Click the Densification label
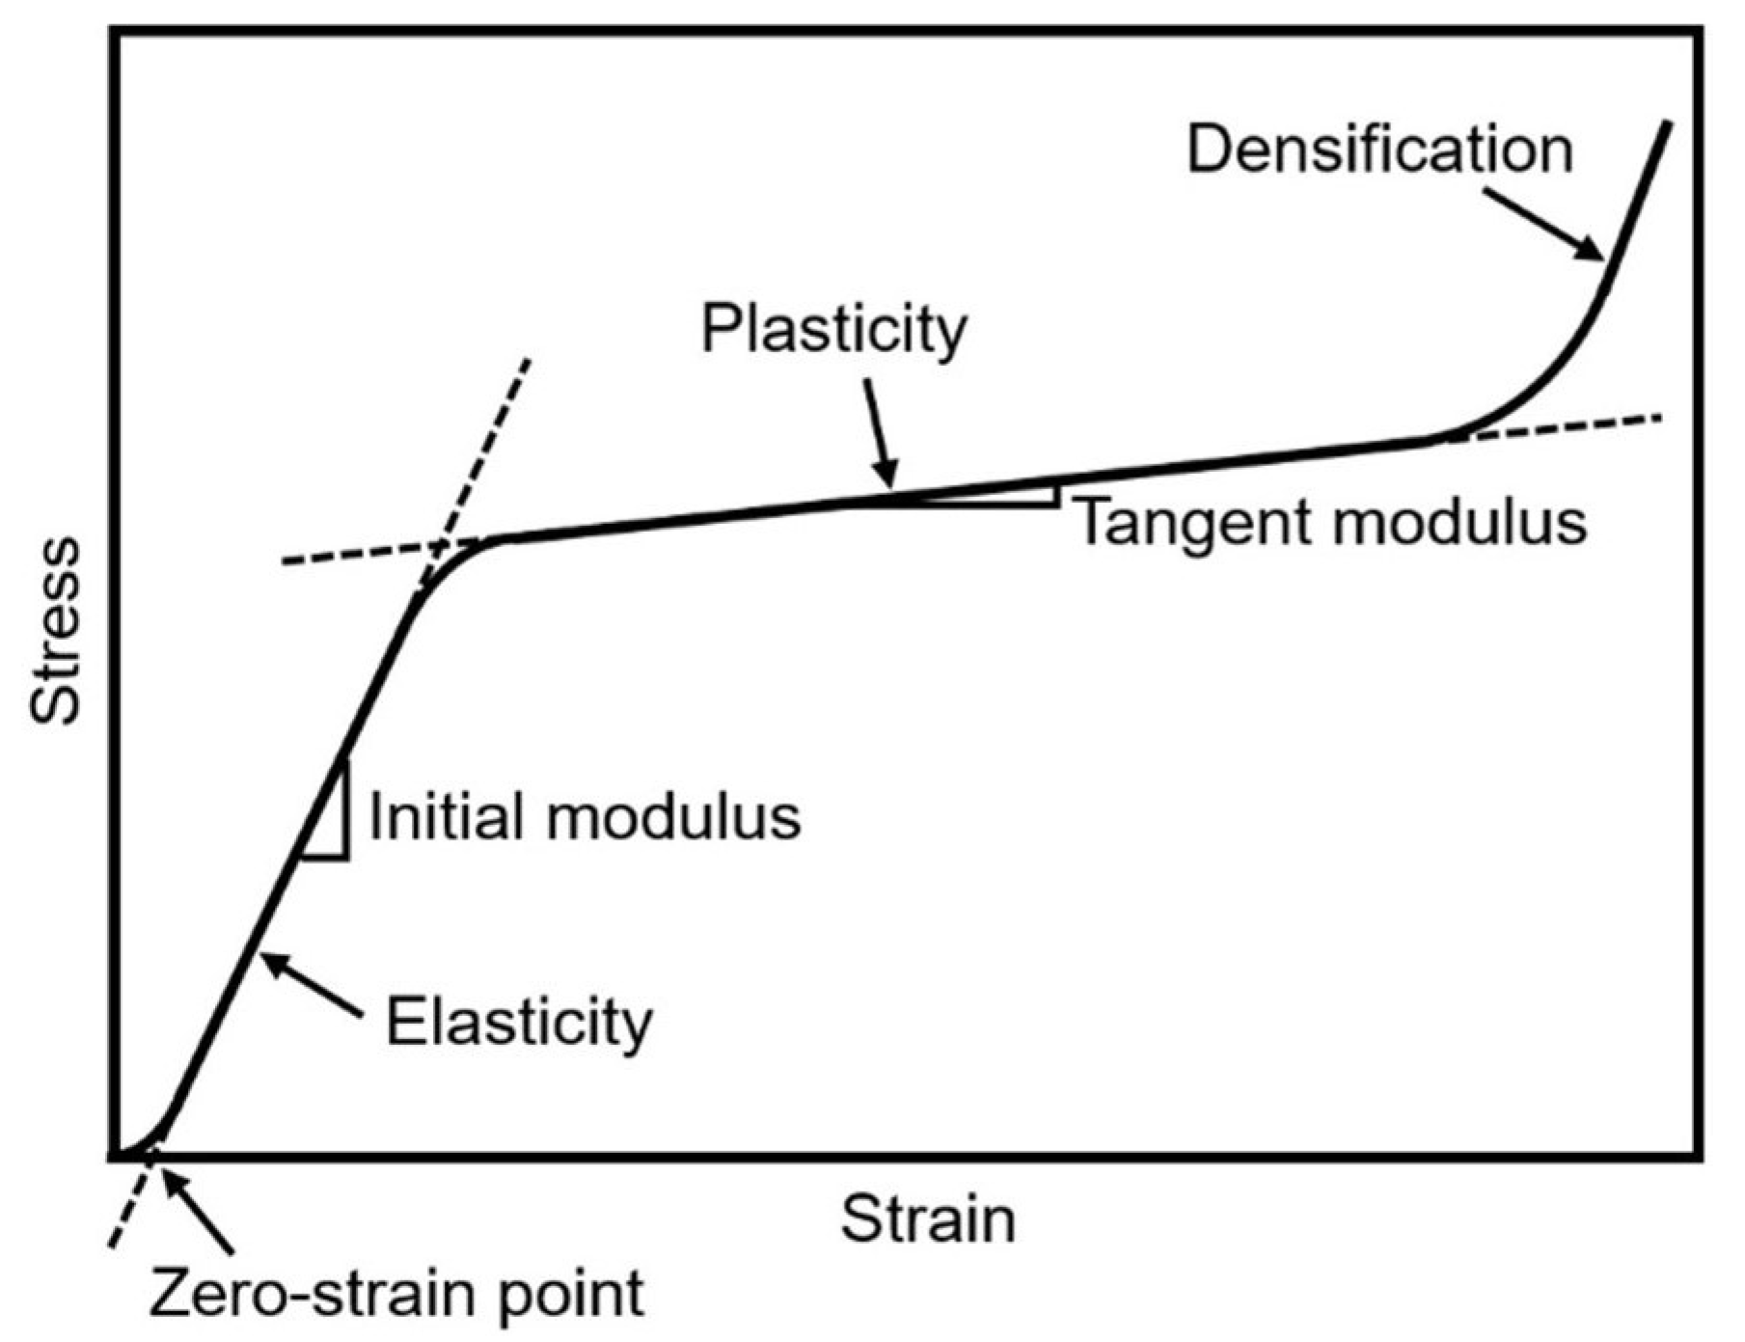point(1378,151)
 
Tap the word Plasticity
point(832,331)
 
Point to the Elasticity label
point(519,1023)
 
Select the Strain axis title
point(928,1219)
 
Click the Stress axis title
point(56,631)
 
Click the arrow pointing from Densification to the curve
point(1543,224)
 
